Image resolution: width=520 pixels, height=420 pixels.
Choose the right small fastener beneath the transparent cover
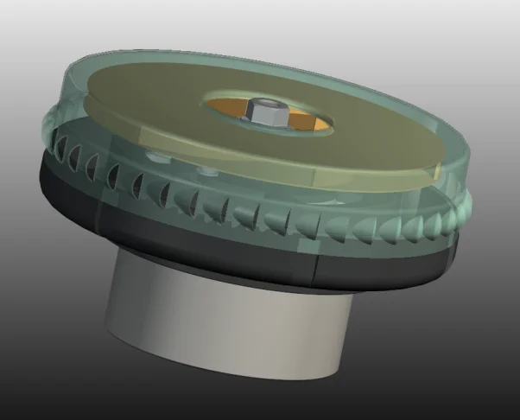tap(206, 169)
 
